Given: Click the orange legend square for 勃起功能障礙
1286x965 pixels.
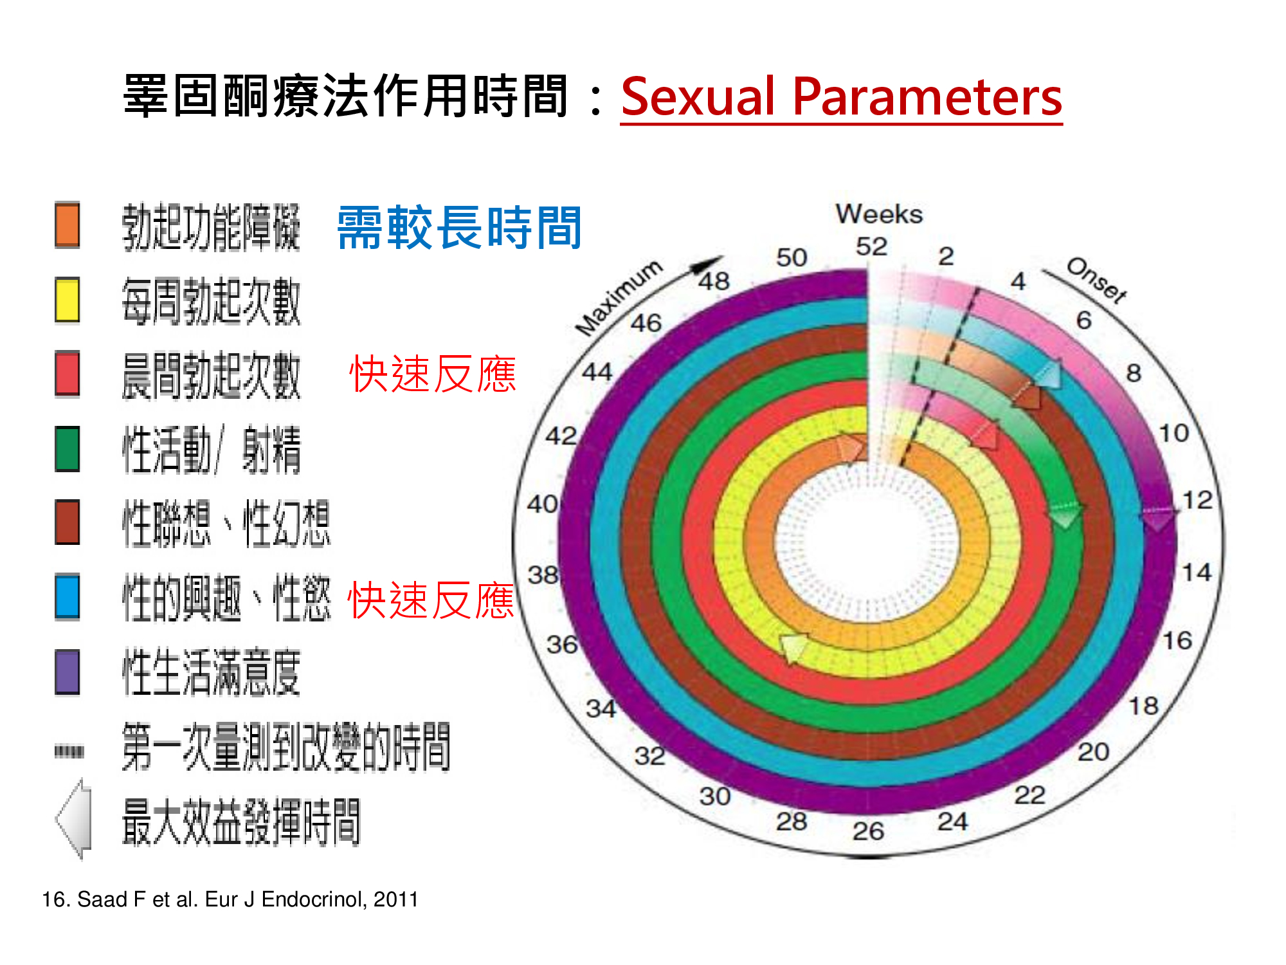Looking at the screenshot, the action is pos(67,225).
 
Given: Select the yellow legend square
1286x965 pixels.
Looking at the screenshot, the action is pos(67,300).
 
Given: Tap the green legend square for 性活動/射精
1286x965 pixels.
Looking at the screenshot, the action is pos(67,449).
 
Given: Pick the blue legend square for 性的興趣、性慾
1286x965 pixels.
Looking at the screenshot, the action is pos(67,597).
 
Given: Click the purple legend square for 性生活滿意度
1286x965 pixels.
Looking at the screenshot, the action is pos(67,672).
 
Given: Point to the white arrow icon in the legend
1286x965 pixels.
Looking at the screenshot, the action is pos(74,820).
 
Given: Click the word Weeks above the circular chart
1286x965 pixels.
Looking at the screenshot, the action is pos(878,214).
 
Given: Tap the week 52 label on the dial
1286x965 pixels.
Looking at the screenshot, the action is pos(871,246).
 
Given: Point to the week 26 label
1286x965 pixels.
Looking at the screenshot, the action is pos(868,831).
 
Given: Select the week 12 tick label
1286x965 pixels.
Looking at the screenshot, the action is pos(1197,500).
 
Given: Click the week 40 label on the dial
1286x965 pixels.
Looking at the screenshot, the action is pos(543,504).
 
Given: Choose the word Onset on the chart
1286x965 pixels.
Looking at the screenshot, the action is pos(1096,280).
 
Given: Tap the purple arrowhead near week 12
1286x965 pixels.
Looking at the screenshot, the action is pos(1159,519).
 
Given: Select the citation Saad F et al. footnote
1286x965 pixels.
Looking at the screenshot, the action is pos(230,899).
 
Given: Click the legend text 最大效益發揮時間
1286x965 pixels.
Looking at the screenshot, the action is pos(241,822).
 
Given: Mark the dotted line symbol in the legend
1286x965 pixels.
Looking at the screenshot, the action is pos(69,751).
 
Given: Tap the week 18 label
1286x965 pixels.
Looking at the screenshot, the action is pos(1144,706).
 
